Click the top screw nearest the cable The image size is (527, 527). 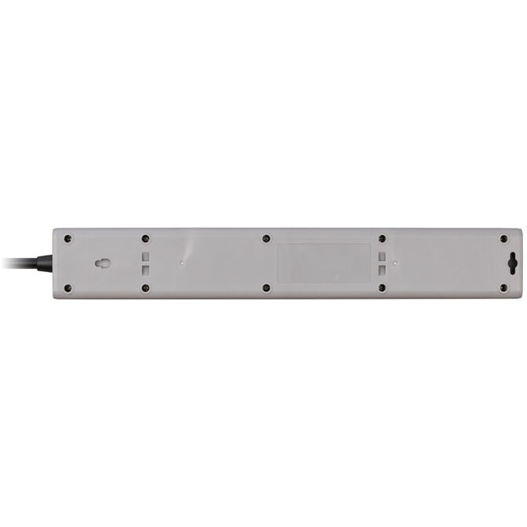tap(67, 238)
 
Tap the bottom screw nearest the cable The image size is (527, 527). tap(67, 288)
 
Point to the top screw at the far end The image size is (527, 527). tap(503, 238)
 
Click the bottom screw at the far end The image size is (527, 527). tap(503, 288)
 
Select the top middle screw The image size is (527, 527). tap(266, 238)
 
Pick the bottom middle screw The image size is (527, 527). tap(266, 288)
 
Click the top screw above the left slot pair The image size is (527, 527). tap(146, 238)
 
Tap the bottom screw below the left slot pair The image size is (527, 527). tap(146, 288)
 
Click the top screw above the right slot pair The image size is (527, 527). tap(382, 238)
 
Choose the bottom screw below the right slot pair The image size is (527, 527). tap(382, 288)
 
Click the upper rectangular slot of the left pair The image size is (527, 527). tap(146, 256)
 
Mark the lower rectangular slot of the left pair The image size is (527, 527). tap(146, 270)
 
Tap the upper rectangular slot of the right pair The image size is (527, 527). tap(382, 256)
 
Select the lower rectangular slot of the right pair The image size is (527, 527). tap(382, 270)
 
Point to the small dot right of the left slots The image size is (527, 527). tap(182, 263)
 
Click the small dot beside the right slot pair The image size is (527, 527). tap(396, 263)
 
